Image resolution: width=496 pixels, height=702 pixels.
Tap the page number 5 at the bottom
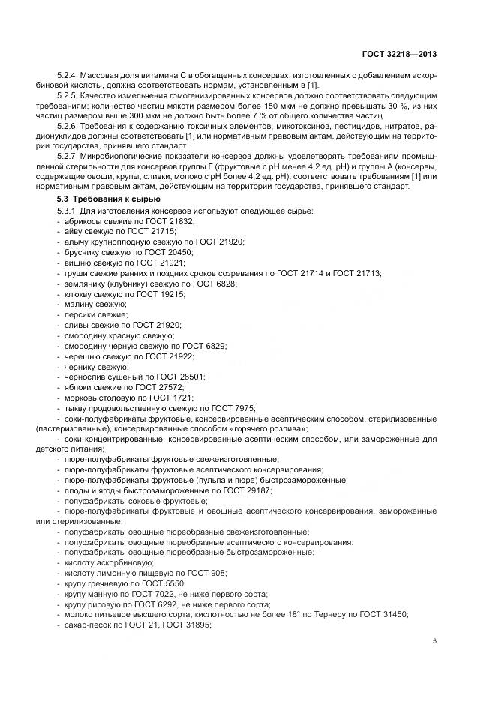[x=435, y=641]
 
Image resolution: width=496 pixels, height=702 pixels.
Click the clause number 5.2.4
[x=68, y=76]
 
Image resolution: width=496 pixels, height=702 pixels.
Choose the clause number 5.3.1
[x=68, y=211]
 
